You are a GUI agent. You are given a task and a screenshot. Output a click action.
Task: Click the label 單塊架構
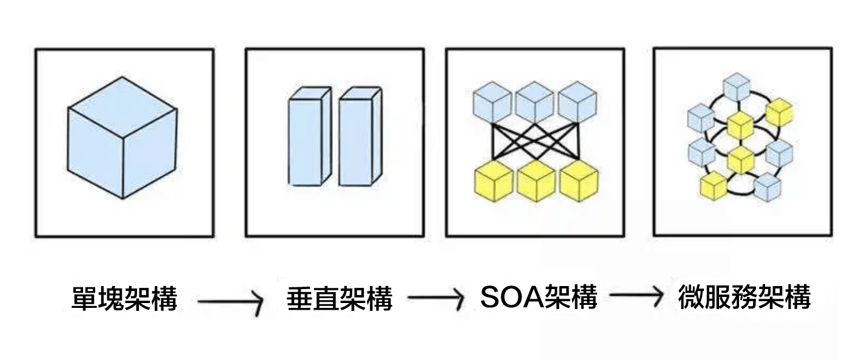(124, 299)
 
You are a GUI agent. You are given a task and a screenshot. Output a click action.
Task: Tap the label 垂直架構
(340, 299)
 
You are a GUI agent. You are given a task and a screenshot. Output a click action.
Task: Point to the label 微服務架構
(744, 298)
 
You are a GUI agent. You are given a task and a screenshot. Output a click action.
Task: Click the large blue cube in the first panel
(122, 138)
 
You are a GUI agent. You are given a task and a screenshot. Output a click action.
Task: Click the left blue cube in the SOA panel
(492, 102)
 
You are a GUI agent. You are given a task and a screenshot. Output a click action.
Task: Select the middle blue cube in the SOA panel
(534, 102)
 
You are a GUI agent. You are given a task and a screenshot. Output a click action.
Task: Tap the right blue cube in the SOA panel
(577, 102)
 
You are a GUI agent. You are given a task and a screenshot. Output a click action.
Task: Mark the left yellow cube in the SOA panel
(494, 182)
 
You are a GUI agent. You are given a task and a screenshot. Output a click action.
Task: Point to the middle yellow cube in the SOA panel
(536, 182)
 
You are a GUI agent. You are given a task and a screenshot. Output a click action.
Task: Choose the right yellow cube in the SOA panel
(578, 182)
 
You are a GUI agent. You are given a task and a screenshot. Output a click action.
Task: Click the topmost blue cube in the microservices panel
(737, 87)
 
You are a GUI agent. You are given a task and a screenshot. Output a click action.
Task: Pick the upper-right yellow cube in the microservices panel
(779, 112)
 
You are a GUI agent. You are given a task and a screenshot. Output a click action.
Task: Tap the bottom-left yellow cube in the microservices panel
(714, 185)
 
